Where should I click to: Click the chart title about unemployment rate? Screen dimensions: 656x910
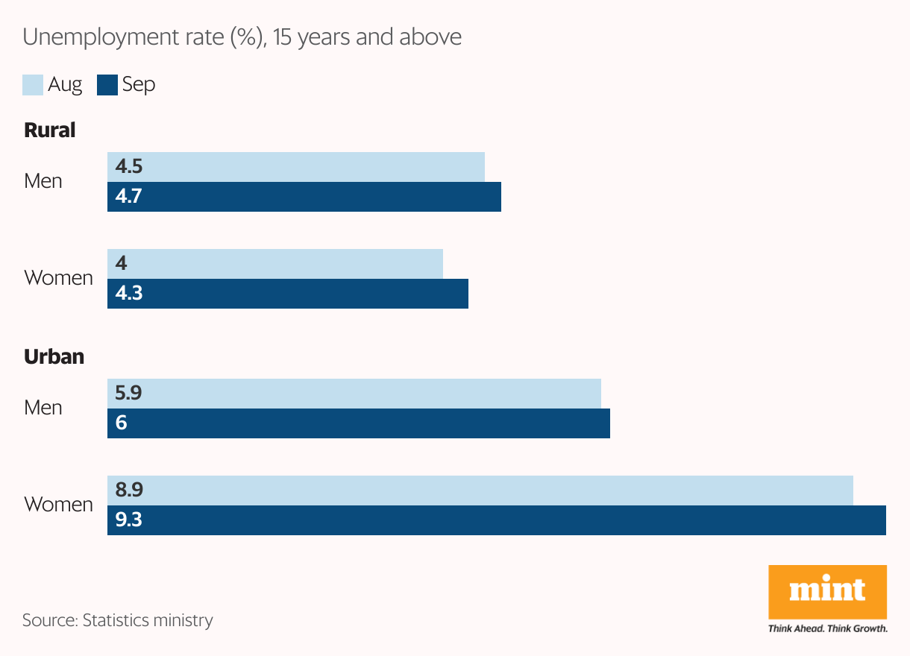coord(242,37)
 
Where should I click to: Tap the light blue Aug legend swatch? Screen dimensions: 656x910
coord(33,85)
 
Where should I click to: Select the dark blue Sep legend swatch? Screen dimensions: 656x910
coord(107,85)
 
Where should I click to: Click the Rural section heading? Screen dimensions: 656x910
coord(50,130)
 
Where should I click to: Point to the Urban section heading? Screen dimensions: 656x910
coord(54,357)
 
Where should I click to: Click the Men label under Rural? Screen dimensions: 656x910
coord(43,181)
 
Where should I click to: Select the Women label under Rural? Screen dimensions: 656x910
coord(58,278)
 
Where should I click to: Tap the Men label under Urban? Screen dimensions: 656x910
coord(43,408)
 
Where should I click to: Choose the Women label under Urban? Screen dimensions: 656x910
coord(58,505)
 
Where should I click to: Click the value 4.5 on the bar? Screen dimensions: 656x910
coord(128,167)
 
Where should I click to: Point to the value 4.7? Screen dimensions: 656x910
coord(128,197)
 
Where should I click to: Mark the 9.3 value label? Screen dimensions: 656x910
coord(128,520)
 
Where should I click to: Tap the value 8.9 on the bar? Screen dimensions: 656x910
coord(128,491)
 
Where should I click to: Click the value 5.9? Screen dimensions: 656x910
coord(128,394)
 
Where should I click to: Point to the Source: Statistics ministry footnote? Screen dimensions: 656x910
coord(117,620)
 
